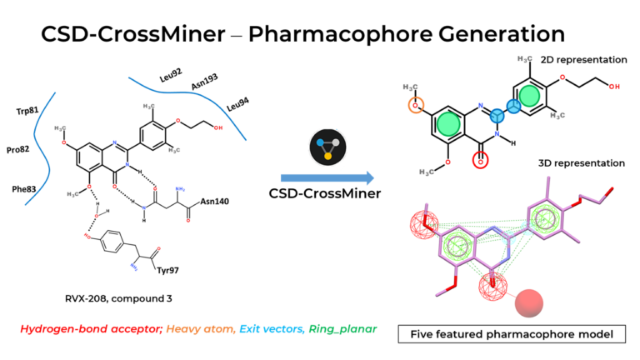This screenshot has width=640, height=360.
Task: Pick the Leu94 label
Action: (240, 107)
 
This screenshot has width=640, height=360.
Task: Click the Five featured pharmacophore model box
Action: (512, 335)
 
